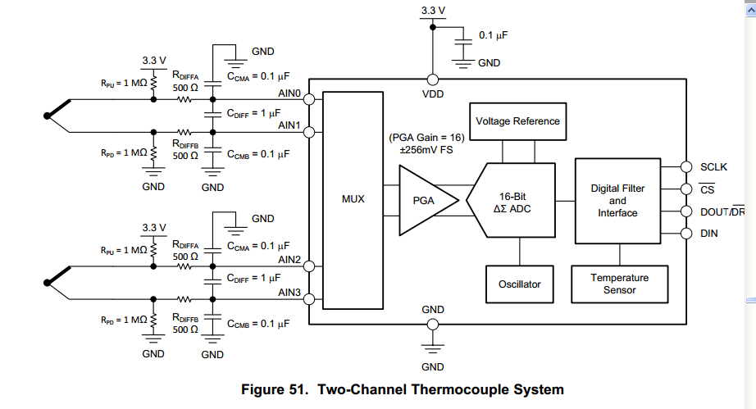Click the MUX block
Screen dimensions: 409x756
pos(353,198)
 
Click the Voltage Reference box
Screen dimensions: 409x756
pos(517,120)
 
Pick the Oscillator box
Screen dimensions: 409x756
pos(520,284)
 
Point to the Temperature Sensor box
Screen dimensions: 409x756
pos(619,284)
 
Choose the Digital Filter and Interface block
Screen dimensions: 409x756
pos(617,201)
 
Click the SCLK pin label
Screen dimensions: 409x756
pos(713,167)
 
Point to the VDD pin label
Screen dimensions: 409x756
pos(432,94)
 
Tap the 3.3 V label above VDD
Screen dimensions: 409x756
pos(432,11)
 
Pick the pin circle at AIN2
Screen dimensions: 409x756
pos(310,266)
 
